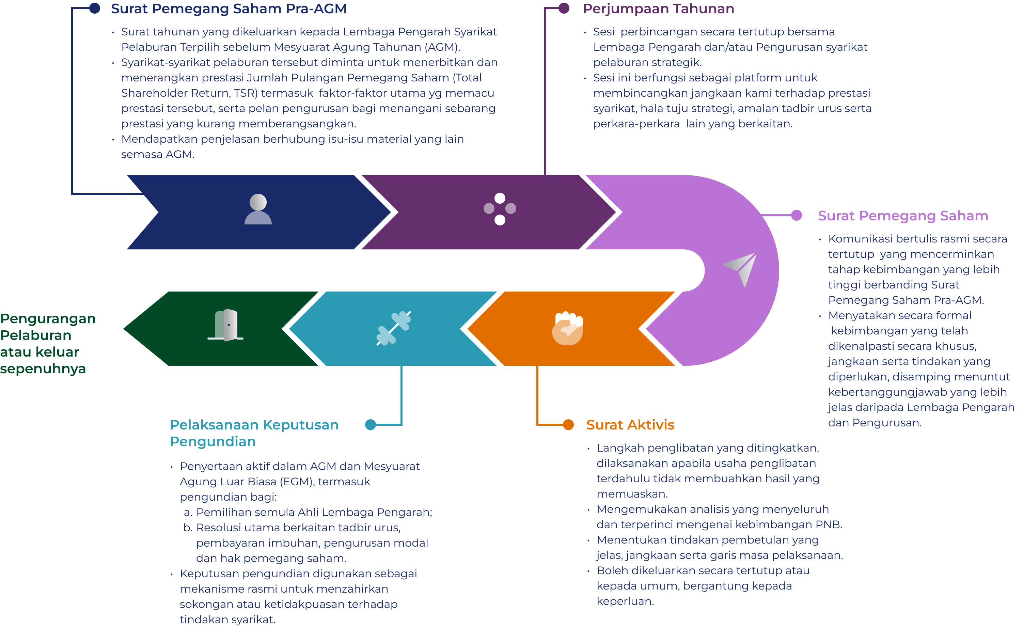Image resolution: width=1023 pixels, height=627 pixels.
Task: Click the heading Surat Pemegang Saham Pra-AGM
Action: point(229,9)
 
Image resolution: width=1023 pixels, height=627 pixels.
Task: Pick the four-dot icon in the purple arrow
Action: point(500,209)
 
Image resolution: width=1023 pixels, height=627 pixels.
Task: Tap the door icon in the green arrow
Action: point(226,325)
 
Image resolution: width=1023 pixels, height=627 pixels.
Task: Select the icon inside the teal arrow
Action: point(393,328)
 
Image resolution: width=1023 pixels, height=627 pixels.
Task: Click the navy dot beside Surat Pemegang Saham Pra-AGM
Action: point(95,8)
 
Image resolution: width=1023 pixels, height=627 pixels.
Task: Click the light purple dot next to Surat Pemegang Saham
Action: point(796,215)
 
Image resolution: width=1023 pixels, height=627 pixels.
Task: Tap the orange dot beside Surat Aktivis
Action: point(568,424)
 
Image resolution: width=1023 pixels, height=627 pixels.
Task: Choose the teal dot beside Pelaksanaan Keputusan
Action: point(370,424)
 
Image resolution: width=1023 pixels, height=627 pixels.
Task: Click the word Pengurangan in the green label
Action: point(48,318)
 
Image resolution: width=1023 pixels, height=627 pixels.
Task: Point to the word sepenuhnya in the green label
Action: point(43,369)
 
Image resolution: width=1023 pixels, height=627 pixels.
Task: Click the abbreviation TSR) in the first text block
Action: point(246,93)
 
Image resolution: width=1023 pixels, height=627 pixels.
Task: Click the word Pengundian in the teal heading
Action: point(213,441)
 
